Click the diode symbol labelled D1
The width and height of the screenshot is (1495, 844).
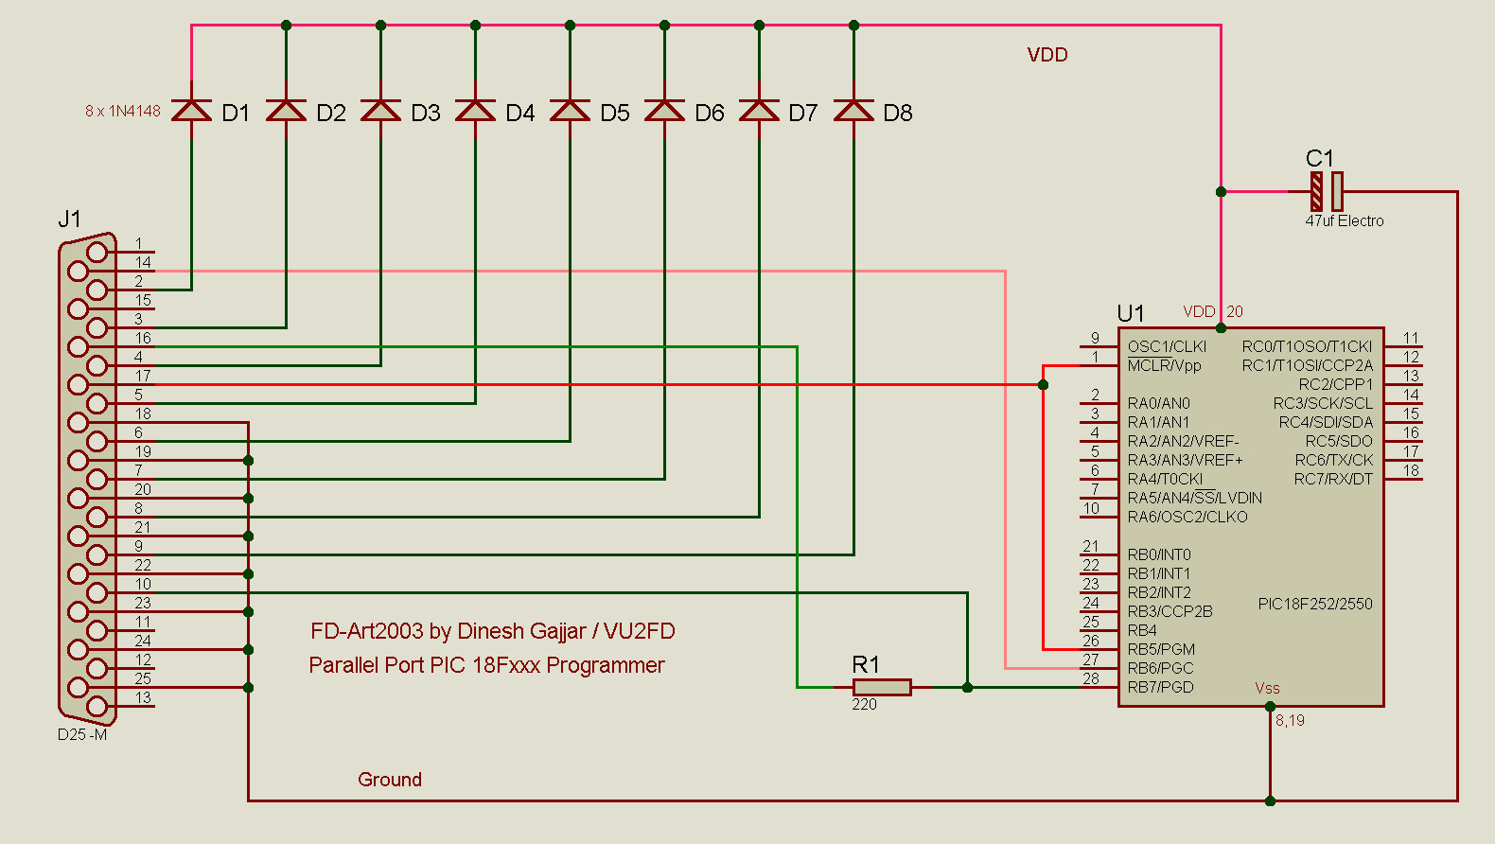point(191,111)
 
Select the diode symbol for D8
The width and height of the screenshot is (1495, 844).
point(853,111)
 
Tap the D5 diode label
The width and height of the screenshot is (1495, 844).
point(615,114)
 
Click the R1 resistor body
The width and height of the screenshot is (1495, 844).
point(882,687)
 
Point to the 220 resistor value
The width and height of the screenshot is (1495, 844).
point(864,705)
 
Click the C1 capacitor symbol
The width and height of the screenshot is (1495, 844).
point(1327,191)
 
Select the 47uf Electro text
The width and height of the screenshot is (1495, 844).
point(1344,220)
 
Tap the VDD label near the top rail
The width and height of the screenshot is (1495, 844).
point(1047,55)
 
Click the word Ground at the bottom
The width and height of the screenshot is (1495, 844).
point(390,780)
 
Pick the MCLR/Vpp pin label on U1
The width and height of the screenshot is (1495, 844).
point(1164,365)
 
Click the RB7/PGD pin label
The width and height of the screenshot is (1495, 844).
point(1160,687)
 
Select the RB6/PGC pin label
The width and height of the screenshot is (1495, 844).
point(1160,668)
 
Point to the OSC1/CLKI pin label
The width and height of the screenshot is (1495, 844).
point(1167,346)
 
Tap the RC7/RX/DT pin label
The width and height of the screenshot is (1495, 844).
point(1333,479)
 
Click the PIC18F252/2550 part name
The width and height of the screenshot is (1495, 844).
point(1315,604)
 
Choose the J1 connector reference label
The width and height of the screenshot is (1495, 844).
point(69,220)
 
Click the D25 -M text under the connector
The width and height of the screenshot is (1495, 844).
point(82,734)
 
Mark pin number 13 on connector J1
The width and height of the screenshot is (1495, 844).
point(143,697)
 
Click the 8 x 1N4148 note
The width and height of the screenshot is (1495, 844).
point(123,111)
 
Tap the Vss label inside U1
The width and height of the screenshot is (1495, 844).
point(1267,688)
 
